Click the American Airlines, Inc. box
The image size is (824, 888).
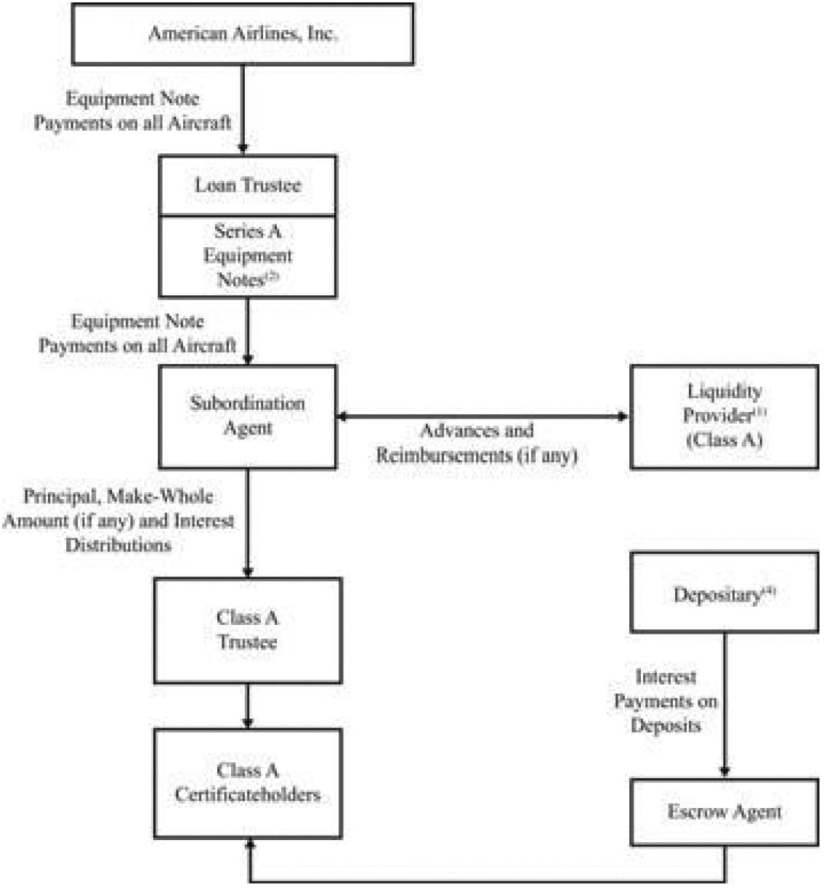(243, 34)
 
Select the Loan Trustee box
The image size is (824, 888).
(247, 185)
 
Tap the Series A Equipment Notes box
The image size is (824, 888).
(247, 256)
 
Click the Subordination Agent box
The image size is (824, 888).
(247, 416)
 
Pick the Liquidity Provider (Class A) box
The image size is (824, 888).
(724, 416)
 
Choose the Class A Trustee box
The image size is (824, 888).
(247, 630)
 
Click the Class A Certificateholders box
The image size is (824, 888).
(247, 783)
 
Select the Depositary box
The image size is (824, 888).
(724, 592)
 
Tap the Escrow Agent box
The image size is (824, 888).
(724, 812)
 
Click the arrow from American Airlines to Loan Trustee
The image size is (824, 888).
(243, 109)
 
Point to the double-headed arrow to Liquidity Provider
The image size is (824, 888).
(482, 416)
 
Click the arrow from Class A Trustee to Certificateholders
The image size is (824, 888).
(247, 706)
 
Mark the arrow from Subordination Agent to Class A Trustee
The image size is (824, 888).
(247, 523)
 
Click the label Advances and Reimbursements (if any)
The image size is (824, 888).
(477, 443)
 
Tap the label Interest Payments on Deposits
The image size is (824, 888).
(666, 701)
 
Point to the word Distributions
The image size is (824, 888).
(118, 545)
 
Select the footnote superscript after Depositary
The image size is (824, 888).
(769, 592)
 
